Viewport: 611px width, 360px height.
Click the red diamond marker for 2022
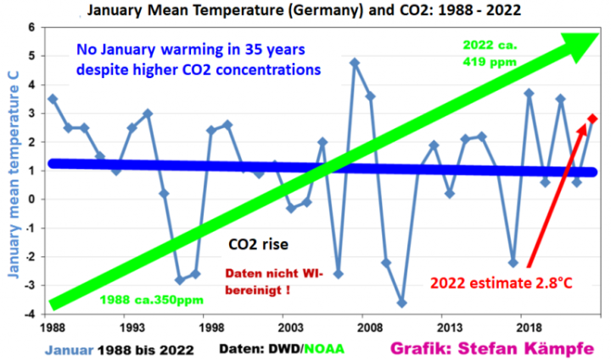point(592,119)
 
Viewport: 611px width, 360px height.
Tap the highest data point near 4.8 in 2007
point(355,62)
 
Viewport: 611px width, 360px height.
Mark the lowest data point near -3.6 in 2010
point(401,303)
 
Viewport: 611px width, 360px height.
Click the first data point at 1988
point(53,98)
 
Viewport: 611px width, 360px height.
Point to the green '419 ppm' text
point(485,61)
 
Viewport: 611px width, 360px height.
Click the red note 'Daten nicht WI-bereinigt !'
point(277,281)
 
